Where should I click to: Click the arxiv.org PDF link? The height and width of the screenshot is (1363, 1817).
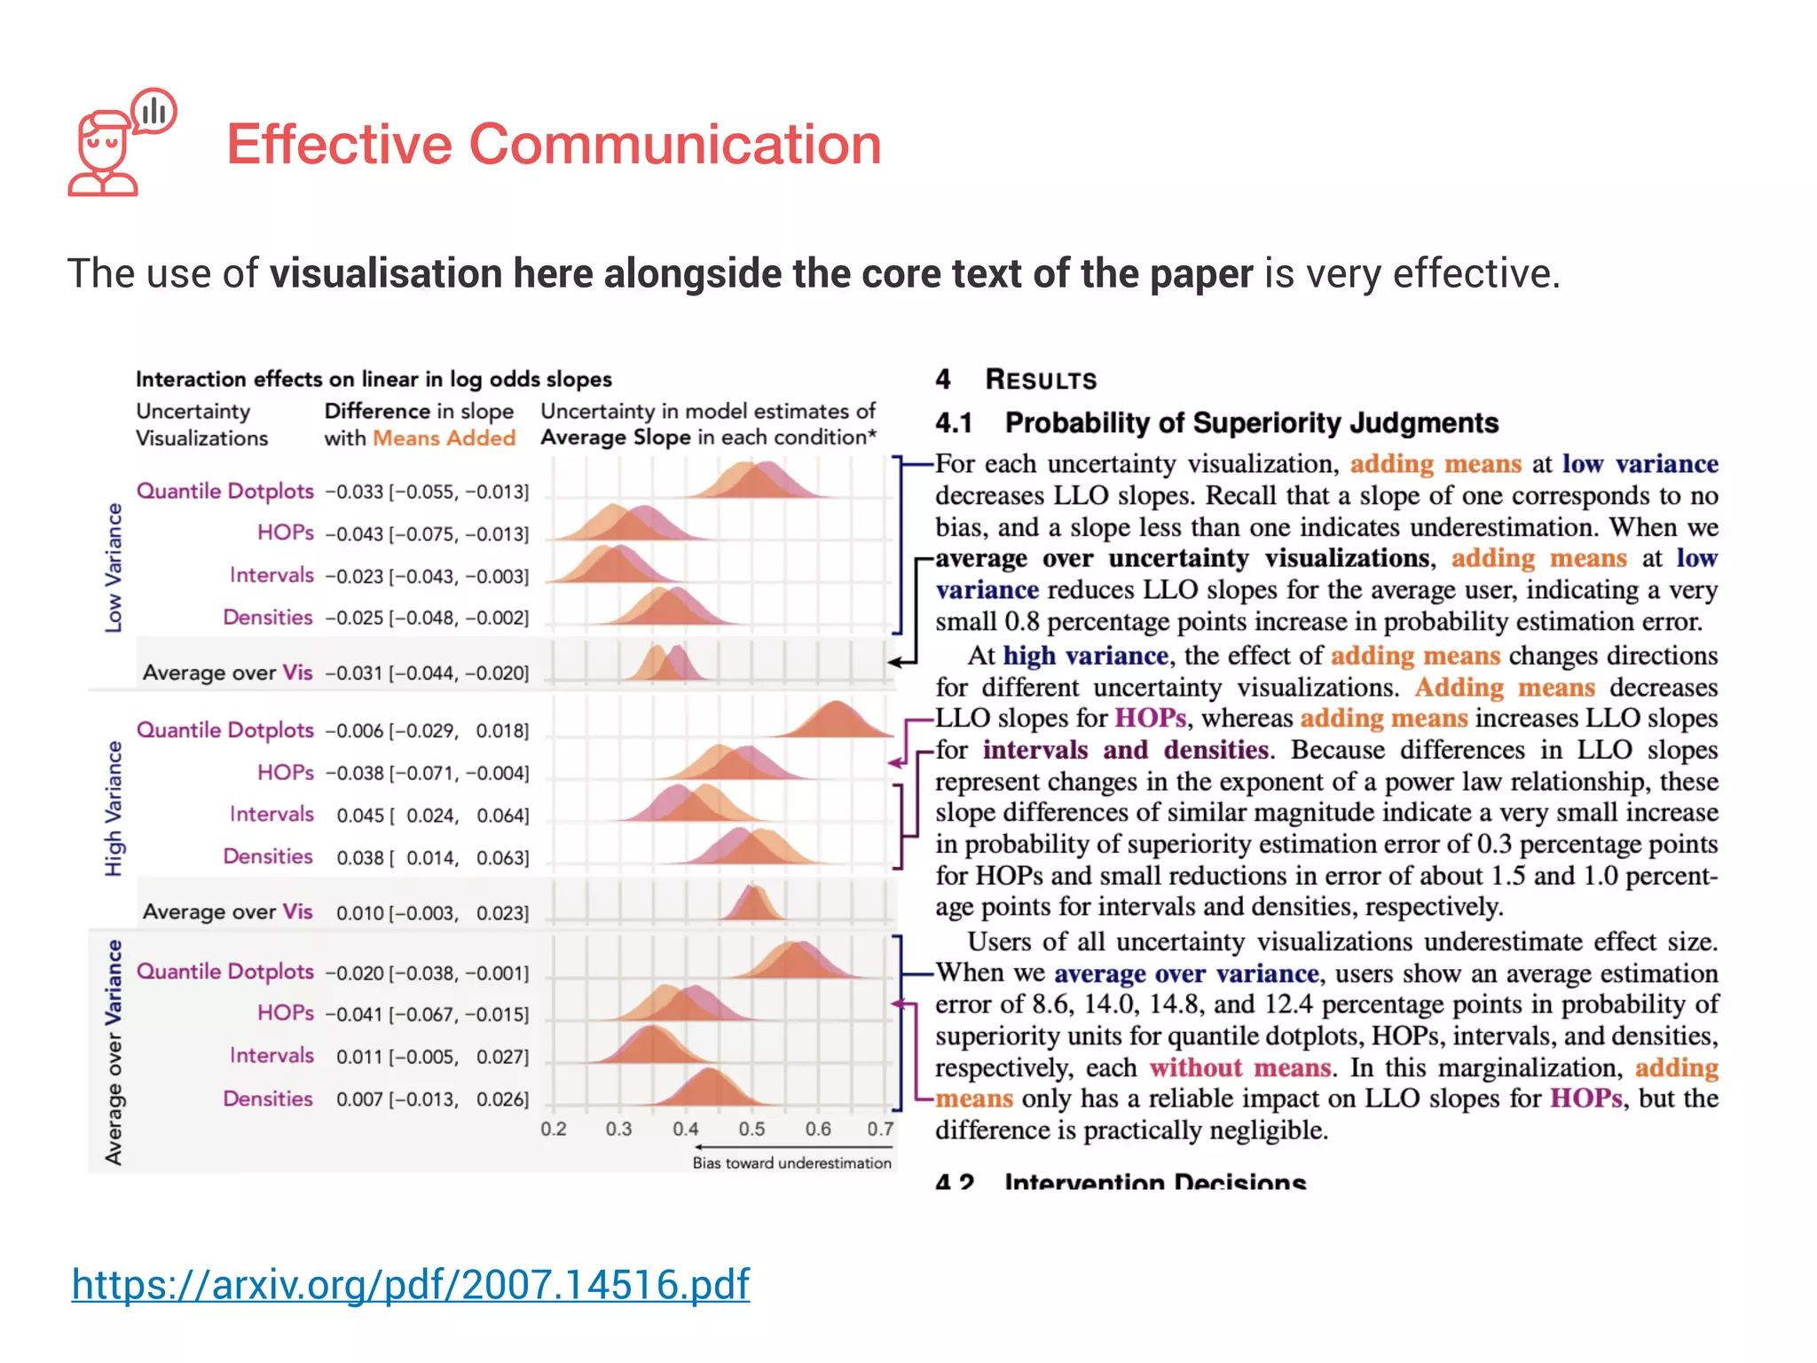(410, 1284)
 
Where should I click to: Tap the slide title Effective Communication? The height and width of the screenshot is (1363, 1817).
(554, 144)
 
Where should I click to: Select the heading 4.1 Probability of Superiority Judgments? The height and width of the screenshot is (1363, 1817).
(1216, 422)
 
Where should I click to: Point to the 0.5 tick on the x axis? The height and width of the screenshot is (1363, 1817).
(751, 1129)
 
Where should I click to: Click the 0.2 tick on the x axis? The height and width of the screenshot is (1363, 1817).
(554, 1129)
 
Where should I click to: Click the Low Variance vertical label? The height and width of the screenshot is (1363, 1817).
(114, 568)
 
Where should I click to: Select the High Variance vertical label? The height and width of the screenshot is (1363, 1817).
(114, 808)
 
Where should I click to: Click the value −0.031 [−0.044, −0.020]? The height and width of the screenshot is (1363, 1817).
(427, 674)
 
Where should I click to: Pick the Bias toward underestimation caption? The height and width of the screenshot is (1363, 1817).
(791, 1162)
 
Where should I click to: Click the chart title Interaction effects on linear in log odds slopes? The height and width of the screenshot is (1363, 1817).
(374, 380)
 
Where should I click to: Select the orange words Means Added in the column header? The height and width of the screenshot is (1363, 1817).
(444, 438)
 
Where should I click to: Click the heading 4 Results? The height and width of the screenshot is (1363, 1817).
(1016, 380)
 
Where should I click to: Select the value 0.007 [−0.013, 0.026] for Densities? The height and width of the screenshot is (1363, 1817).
(432, 1099)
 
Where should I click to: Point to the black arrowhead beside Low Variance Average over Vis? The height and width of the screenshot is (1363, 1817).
(894, 662)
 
